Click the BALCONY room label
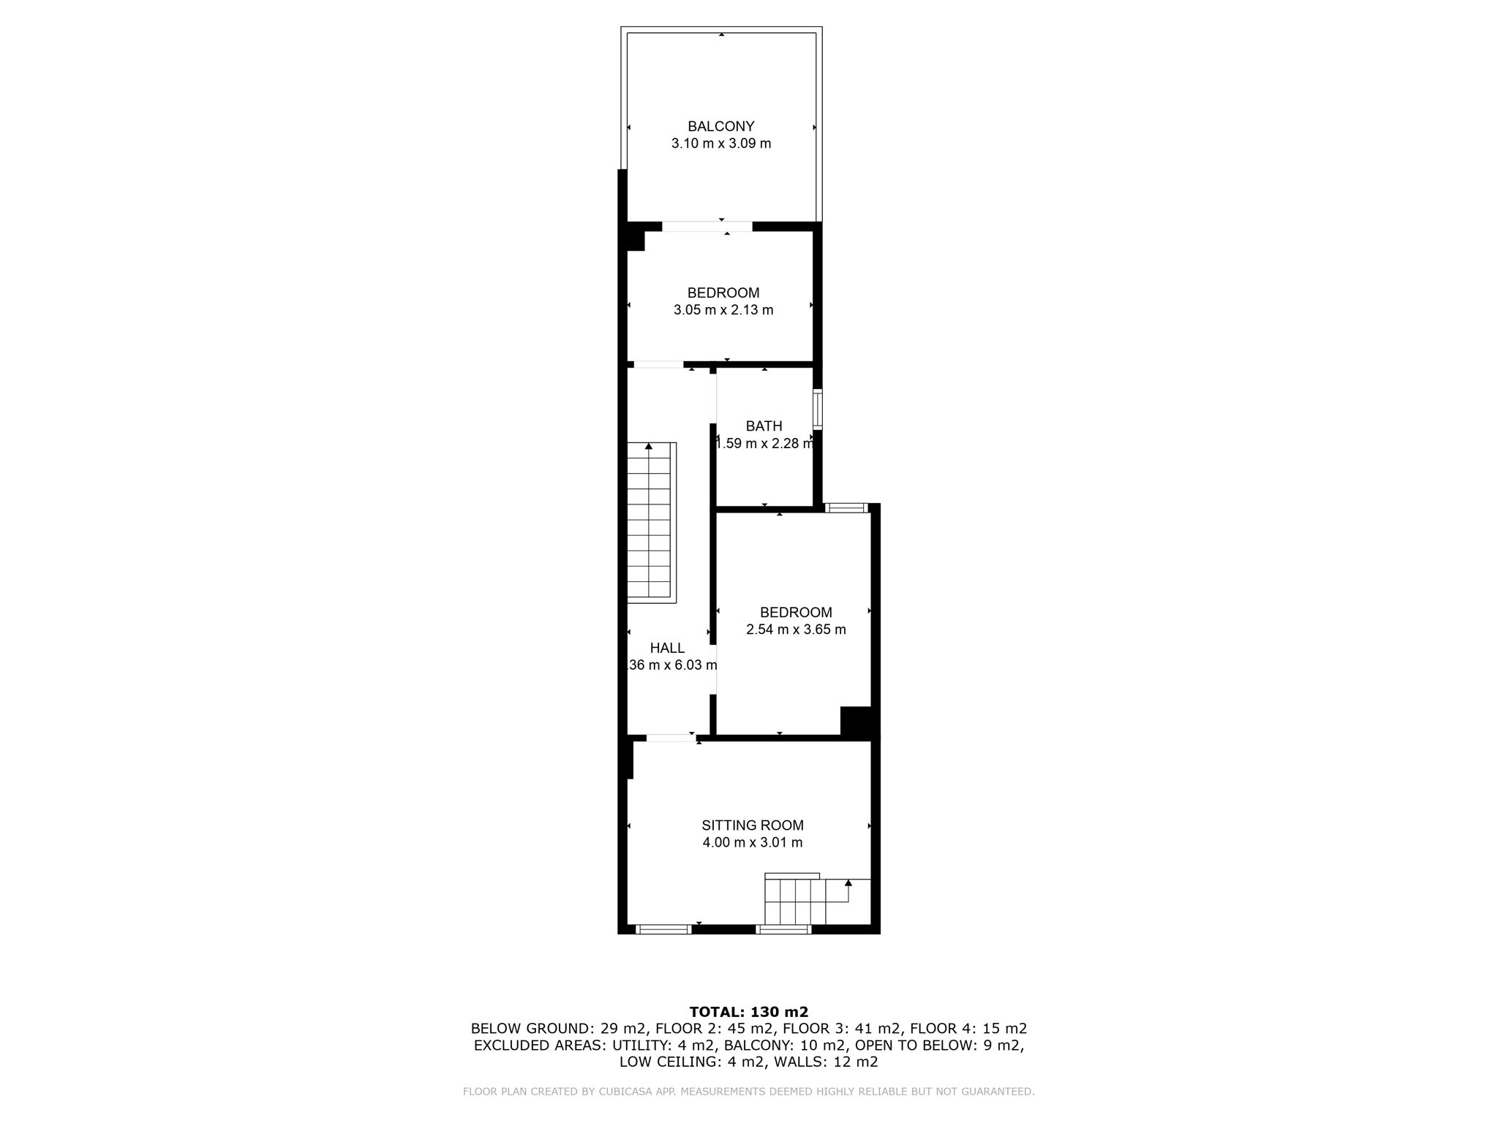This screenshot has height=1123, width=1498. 720,126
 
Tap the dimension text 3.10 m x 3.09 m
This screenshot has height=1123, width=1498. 720,143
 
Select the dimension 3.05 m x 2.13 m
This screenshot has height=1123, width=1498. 723,310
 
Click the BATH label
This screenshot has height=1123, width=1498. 764,426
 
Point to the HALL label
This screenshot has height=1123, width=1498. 667,648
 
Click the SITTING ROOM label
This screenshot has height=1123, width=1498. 752,825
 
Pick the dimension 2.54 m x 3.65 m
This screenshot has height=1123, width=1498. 795,629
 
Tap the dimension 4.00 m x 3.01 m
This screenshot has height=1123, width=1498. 752,842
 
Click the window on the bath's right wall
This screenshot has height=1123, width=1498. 818,409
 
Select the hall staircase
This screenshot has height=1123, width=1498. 650,522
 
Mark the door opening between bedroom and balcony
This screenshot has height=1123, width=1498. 707,227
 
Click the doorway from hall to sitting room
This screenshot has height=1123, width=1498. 670,738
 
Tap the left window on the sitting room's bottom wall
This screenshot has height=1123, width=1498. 663,929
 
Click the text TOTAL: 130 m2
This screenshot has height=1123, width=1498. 748,1012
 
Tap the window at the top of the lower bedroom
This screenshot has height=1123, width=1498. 845,507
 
